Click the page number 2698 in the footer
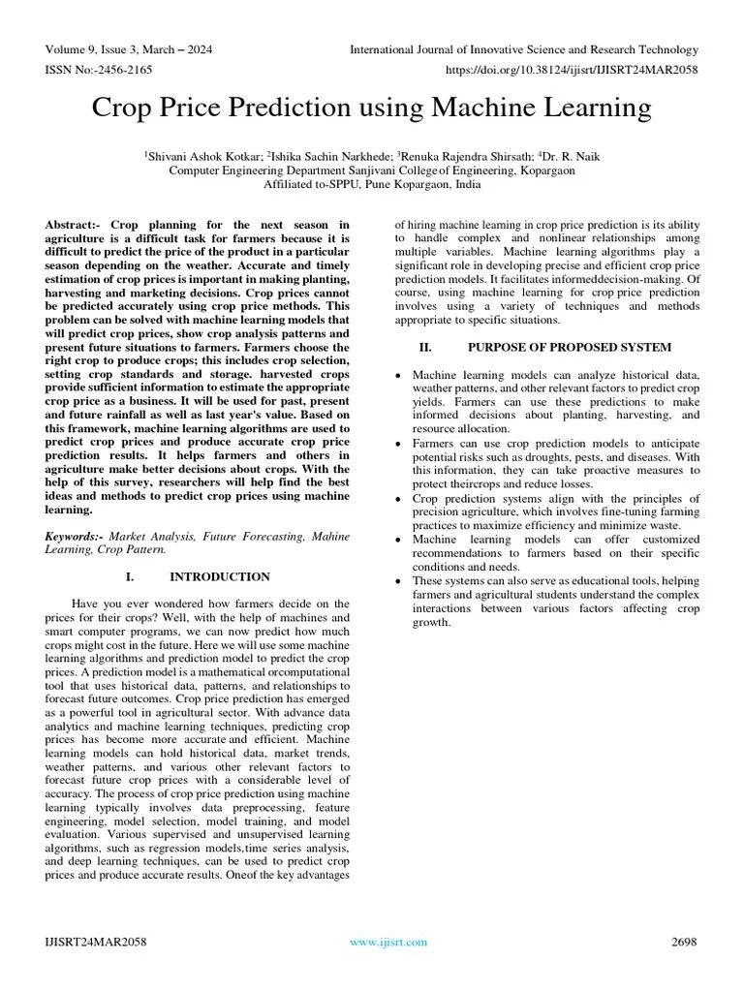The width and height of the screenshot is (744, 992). [684, 942]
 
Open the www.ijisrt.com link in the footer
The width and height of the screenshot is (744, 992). [387, 942]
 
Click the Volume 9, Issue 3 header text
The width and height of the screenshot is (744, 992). [129, 49]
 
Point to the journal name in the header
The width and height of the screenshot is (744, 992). [523, 49]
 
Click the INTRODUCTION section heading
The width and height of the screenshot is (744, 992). [220, 576]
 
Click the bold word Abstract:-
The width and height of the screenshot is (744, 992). [77, 225]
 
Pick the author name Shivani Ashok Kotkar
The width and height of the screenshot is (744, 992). [204, 155]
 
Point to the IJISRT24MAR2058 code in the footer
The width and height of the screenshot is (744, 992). [96, 942]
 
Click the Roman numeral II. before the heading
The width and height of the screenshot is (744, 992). [424, 347]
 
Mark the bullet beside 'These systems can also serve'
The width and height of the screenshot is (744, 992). [398, 580]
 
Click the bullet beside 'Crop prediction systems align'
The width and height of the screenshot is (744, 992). [398, 498]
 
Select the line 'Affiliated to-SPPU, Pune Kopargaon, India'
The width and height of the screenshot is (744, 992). [372, 183]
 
